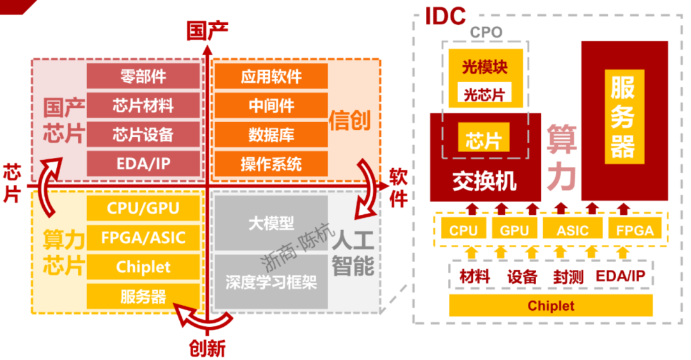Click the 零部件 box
tap(143, 76)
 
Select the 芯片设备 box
tap(143, 134)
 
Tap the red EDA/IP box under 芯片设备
tap(143, 164)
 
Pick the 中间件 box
tap(271, 106)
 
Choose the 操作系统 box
tap(271, 164)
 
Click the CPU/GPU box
tap(143, 208)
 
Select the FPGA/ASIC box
tap(143, 238)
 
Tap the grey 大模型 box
tap(271, 223)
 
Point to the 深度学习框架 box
tap(271, 282)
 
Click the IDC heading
tap(445, 16)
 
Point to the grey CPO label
tap(486, 32)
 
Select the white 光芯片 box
tap(484, 95)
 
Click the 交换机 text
tap(484, 182)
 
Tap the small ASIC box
tap(573, 230)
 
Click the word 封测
tap(568, 278)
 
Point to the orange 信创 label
tap(351, 120)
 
